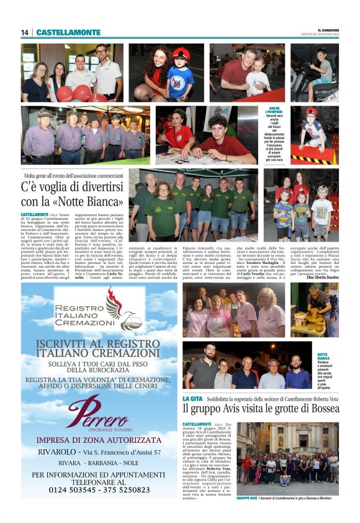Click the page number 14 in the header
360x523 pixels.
25,32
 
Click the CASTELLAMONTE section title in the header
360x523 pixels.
68,32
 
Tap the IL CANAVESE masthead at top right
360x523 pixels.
328,29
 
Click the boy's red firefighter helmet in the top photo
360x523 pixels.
181,54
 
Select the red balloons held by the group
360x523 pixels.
74,93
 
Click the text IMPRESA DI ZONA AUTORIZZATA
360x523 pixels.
99,440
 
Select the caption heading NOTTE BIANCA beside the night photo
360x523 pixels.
324,356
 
